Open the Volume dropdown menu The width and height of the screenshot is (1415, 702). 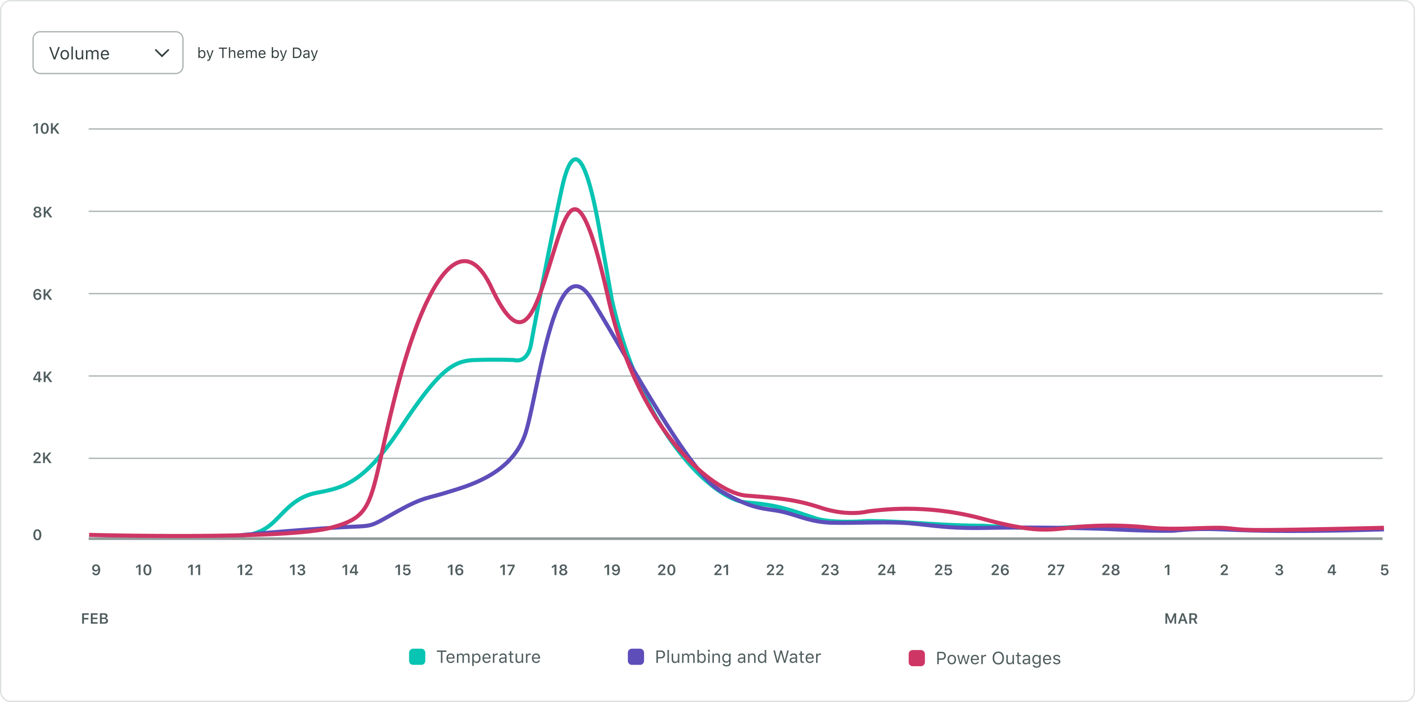(107, 53)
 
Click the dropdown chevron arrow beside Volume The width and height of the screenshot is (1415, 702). (162, 53)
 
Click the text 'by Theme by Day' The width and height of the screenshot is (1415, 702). (257, 53)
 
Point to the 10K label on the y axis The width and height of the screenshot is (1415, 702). (46, 129)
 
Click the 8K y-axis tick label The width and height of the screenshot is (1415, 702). (42, 212)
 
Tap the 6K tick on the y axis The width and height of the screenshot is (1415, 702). (42, 294)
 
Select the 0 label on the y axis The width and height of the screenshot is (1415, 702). (37, 534)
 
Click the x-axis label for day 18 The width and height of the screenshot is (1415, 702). (559, 570)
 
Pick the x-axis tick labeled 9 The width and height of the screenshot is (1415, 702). (96, 570)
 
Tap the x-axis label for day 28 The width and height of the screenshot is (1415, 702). (1110, 570)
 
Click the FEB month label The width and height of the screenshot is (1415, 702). (94, 618)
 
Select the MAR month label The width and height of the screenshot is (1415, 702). (1181, 618)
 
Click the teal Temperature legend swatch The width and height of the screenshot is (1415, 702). (417, 657)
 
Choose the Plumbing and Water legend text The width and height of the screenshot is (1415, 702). (737, 657)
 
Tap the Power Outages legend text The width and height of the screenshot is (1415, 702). (997, 658)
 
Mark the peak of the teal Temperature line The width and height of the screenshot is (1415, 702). (575, 159)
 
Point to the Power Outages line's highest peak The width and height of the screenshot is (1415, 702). (574, 209)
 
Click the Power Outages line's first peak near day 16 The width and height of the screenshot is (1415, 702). (465, 261)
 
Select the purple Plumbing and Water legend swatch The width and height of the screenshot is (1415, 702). (636, 657)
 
